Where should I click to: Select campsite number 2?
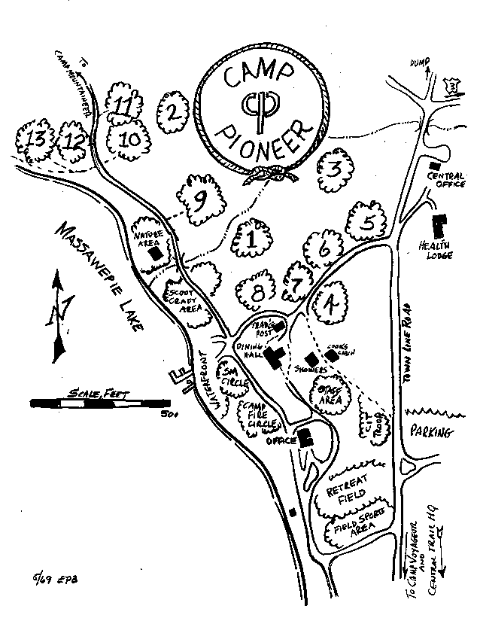(172, 113)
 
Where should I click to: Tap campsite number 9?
(199, 199)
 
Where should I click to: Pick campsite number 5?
(366, 223)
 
